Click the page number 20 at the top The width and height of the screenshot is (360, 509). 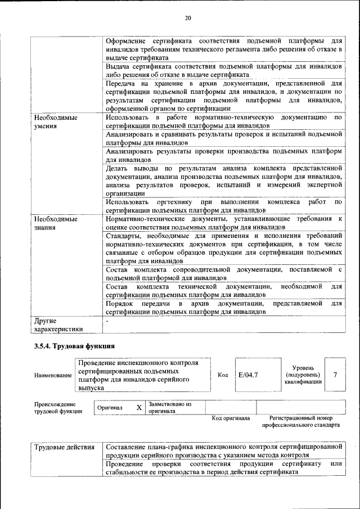(x=188, y=19)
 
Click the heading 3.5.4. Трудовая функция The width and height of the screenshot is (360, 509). (x=75, y=345)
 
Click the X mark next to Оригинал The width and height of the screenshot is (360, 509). (x=139, y=407)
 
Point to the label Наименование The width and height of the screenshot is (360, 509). (x=53, y=375)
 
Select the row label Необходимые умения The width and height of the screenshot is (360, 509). (x=55, y=122)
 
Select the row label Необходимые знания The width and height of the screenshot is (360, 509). (x=55, y=223)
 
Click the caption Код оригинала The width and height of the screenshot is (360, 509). (x=231, y=418)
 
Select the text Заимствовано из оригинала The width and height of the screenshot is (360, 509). (x=169, y=407)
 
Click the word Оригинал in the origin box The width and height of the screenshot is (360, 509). (x=110, y=408)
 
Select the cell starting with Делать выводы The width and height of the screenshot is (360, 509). (x=223, y=180)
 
